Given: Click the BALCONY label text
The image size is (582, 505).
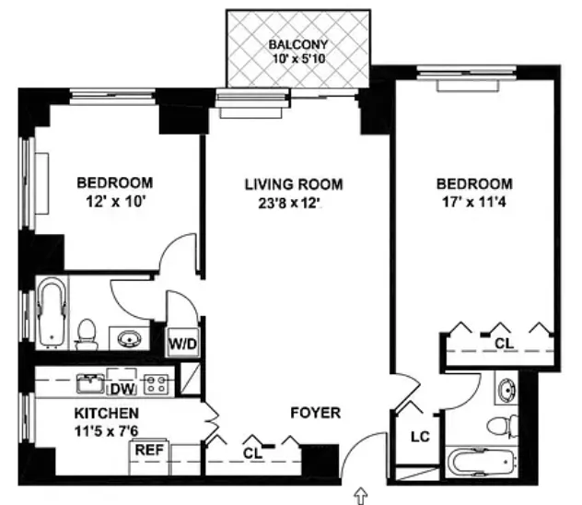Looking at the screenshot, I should tap(297, 45).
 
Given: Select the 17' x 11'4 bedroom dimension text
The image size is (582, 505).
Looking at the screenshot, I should tap(474, 201).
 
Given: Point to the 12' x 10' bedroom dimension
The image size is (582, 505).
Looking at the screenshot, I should tap(114, 201).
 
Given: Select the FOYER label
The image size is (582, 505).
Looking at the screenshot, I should tap(316, 413).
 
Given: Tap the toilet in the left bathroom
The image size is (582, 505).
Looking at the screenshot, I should tap(87, 333).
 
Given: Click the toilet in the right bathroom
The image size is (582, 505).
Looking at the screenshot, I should tap(498, 427).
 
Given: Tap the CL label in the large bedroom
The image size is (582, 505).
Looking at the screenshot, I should tap(502, 343).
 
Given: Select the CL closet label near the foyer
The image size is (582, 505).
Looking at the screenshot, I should tap(252, 453).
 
